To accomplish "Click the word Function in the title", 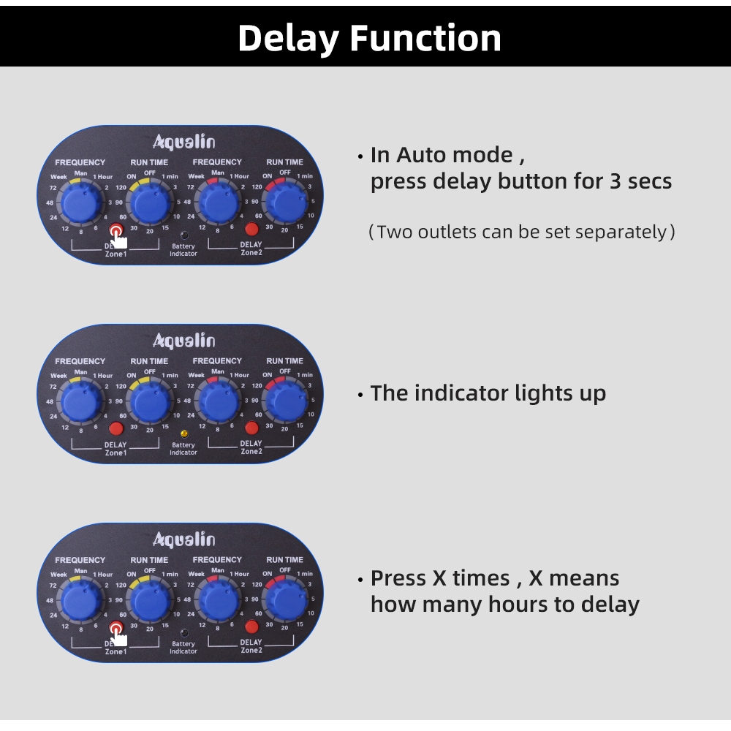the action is (426, 38).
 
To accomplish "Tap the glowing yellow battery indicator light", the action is (183, 433).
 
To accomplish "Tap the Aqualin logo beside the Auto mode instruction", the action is (183, 141).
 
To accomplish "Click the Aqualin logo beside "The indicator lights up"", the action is (183, 340).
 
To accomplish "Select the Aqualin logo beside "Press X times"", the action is (183, 539).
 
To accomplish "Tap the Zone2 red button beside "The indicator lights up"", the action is (252, 428).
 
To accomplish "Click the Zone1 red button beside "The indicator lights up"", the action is (115, 428).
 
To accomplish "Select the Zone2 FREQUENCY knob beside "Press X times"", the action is (218, 600).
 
